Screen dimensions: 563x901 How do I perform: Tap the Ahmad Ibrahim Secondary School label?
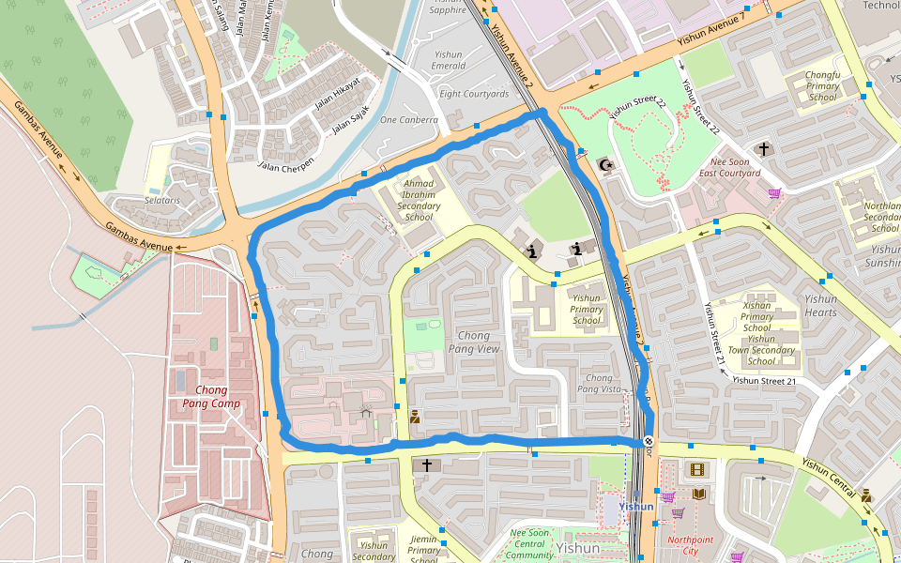point(420,200)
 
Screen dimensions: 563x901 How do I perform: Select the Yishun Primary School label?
point(587,309)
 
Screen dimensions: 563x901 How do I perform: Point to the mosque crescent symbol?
point(607,166)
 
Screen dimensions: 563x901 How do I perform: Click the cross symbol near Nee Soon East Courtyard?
point(764,148)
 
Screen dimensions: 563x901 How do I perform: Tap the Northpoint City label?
point(690,545)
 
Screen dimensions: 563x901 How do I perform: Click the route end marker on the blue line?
point(649,441)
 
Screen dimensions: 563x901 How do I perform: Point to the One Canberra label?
point(408,120)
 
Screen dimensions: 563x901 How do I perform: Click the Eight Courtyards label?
point(474,94)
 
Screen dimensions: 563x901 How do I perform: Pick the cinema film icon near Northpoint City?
point(696,468)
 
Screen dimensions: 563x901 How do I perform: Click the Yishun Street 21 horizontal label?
point(764,381)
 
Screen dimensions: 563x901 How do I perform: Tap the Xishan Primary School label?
point(756,317)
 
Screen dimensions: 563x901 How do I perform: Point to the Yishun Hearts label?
point(820,306)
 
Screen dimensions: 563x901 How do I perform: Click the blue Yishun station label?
point(636,507)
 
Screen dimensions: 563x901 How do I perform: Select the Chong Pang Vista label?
point(599,383)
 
